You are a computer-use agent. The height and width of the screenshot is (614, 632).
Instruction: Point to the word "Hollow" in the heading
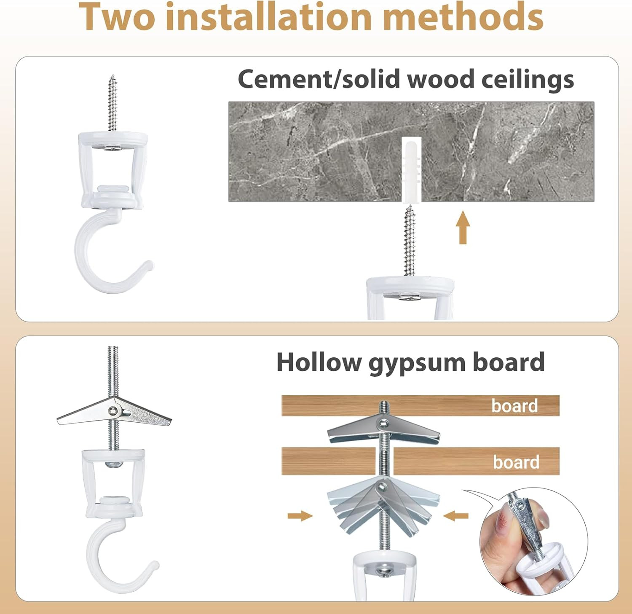[319, 362]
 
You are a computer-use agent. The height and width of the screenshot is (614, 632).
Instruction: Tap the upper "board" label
[514, 405]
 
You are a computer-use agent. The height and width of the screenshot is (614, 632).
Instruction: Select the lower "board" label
[516, 462]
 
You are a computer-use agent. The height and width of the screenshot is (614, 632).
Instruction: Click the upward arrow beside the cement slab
[463, 227]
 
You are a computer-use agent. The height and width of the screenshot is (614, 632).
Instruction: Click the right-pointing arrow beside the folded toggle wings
[300, 515]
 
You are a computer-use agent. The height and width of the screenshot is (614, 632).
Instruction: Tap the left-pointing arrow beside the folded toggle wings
[456, 515]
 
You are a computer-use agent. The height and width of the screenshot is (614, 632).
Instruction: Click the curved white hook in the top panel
[110, 257]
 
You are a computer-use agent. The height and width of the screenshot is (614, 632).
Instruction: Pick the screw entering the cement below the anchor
[409, 240]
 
